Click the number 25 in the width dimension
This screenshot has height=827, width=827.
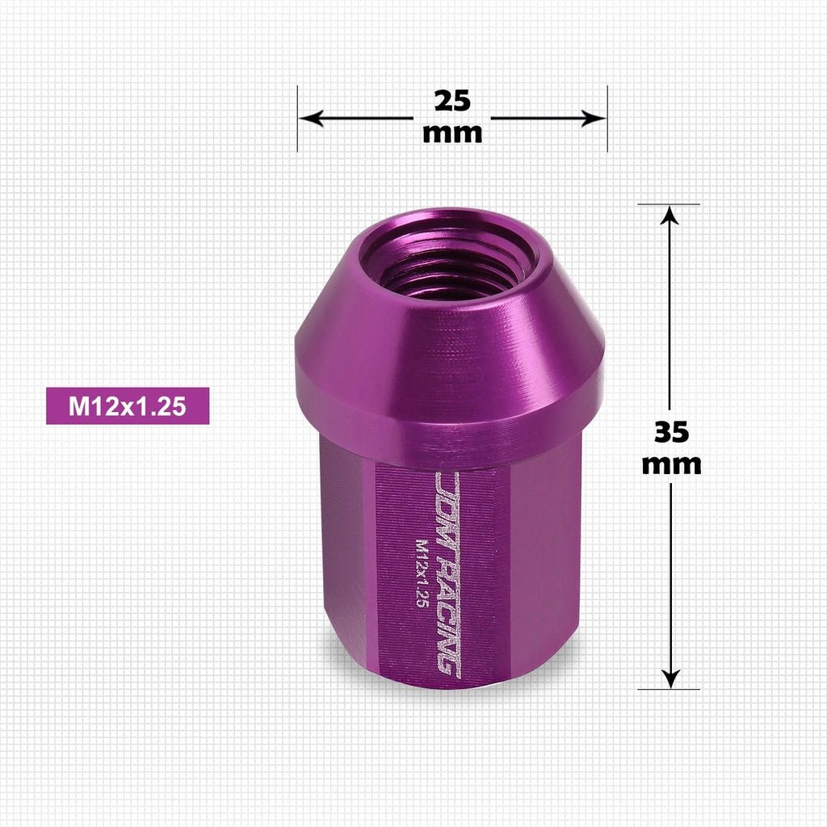tap(452, 101)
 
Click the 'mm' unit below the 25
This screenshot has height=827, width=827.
tap(452, 133)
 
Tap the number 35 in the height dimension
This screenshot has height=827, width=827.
tap(671, 432)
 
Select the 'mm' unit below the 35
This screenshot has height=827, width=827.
tap(671, 464)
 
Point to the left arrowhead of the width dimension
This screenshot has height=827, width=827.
tap(311, 118)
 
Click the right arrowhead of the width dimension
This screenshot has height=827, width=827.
tap(594, 118)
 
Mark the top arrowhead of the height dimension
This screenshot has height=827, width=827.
tap(670, 216)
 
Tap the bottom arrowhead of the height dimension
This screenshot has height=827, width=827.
tap(670, 678)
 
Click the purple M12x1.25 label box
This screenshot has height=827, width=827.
tap(128, 406)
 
